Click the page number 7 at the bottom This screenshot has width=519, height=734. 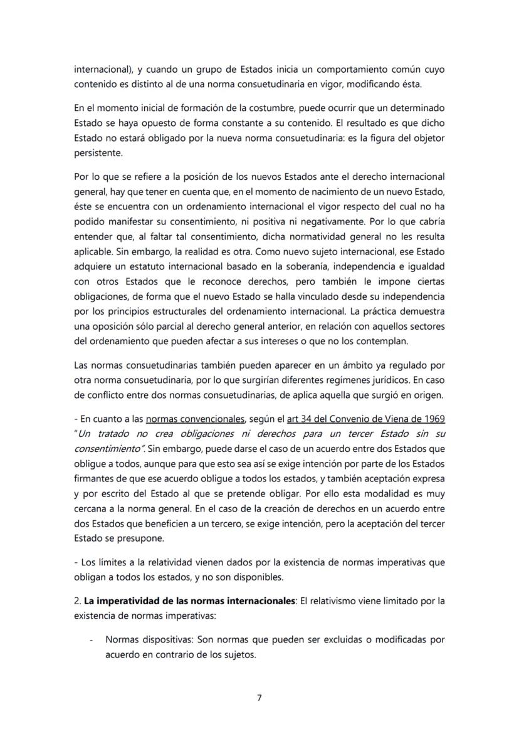click(x=259, y=698)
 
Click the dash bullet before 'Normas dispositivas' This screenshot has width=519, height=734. click(x=92, y=640)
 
